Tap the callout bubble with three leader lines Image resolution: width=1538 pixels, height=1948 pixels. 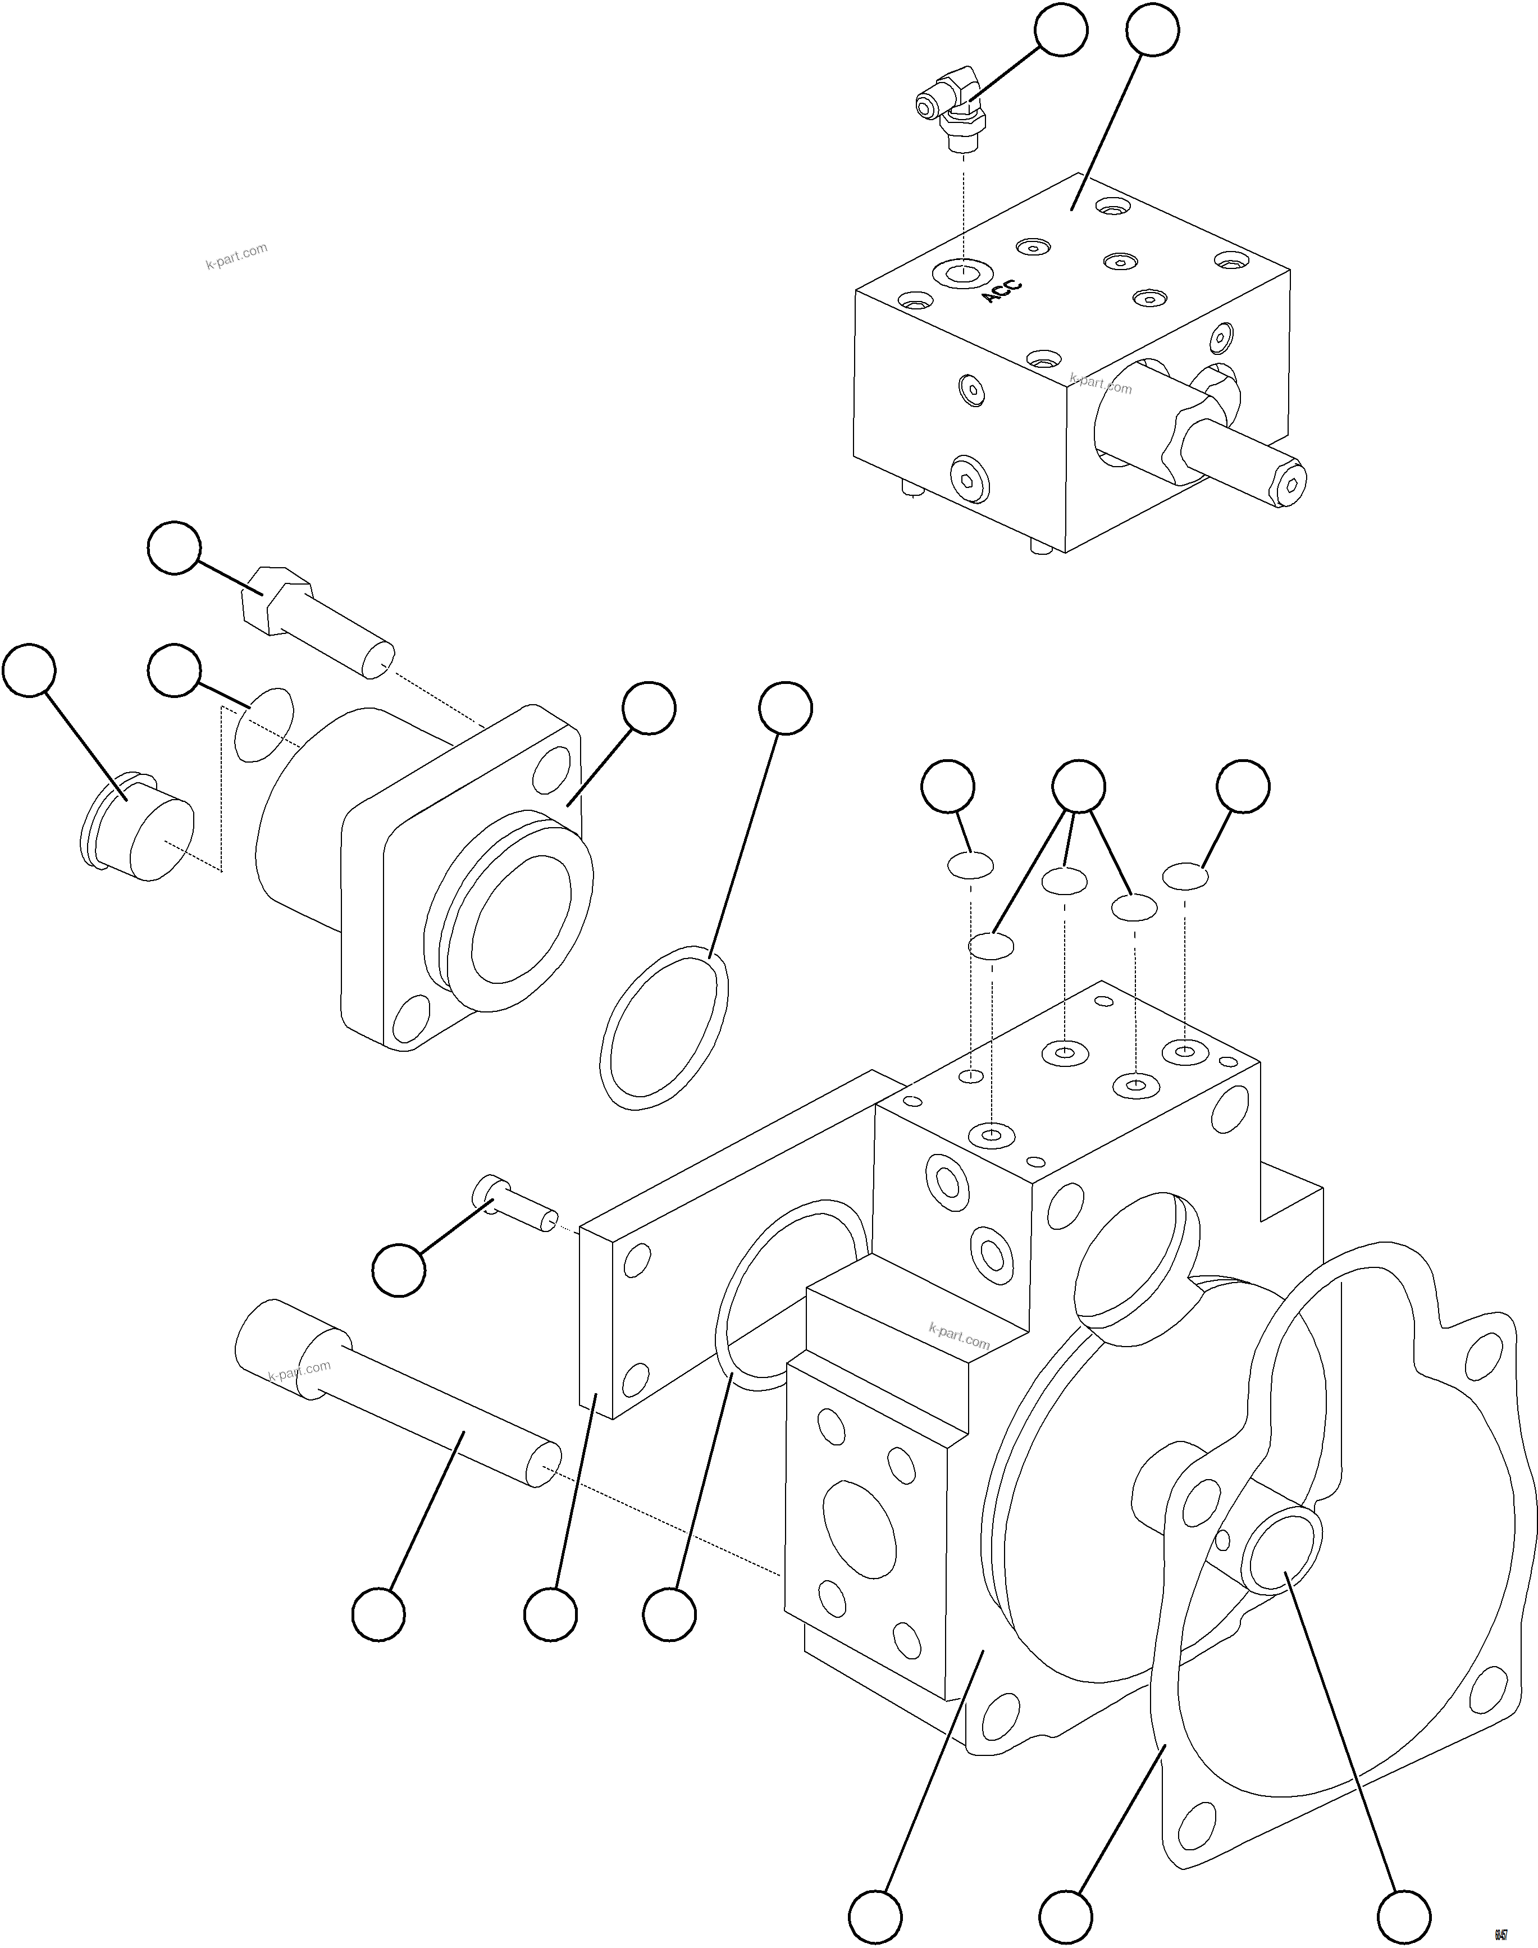point(1079,786)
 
